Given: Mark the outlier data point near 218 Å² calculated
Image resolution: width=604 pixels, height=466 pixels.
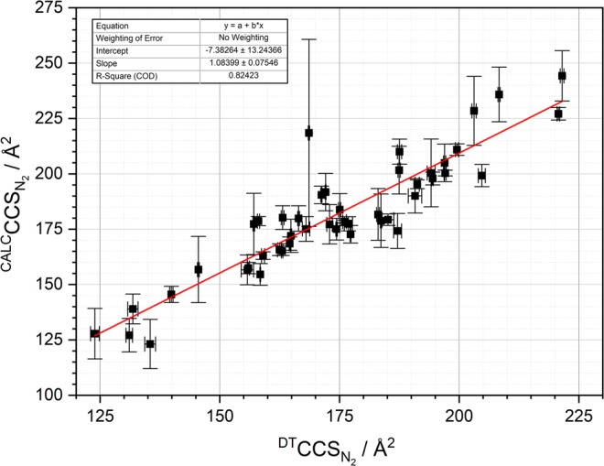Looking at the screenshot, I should pos(309,133).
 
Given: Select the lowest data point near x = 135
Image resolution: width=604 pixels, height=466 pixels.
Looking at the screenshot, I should pos(150,344).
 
